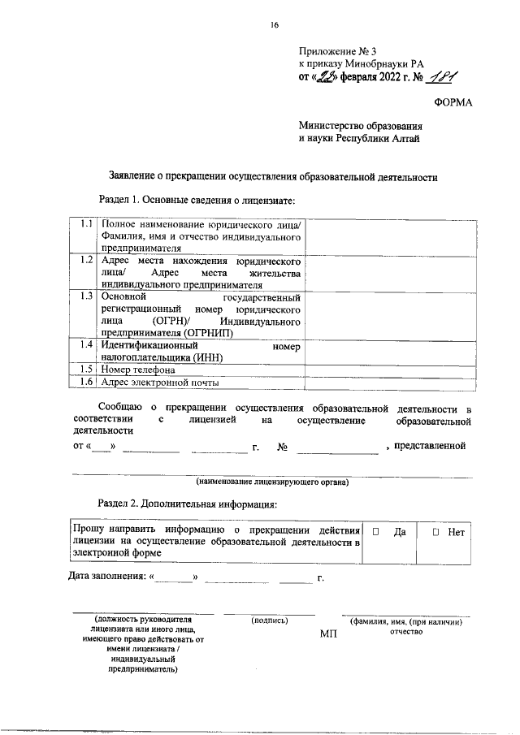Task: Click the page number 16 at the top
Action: pyautogui.click(x=274, y=26)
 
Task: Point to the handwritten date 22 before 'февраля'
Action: pyautogui.click(x=327, y=79)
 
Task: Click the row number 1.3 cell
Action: pyautogui.click(x=84, y=296)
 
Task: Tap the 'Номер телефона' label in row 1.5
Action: pyautogui.click(x=138, y=370)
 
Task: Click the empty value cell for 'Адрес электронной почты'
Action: pyautogui.click(x=388, y=382)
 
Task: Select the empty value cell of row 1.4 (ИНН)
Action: pyautogui.click(x=388, y=351)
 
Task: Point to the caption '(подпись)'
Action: pyautogui.click(x=270, y=621)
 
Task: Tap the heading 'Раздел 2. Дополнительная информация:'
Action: pyautogui.click(x=188, y=504)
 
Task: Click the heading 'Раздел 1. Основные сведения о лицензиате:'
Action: pyautogui.click(x=196, y=200)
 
